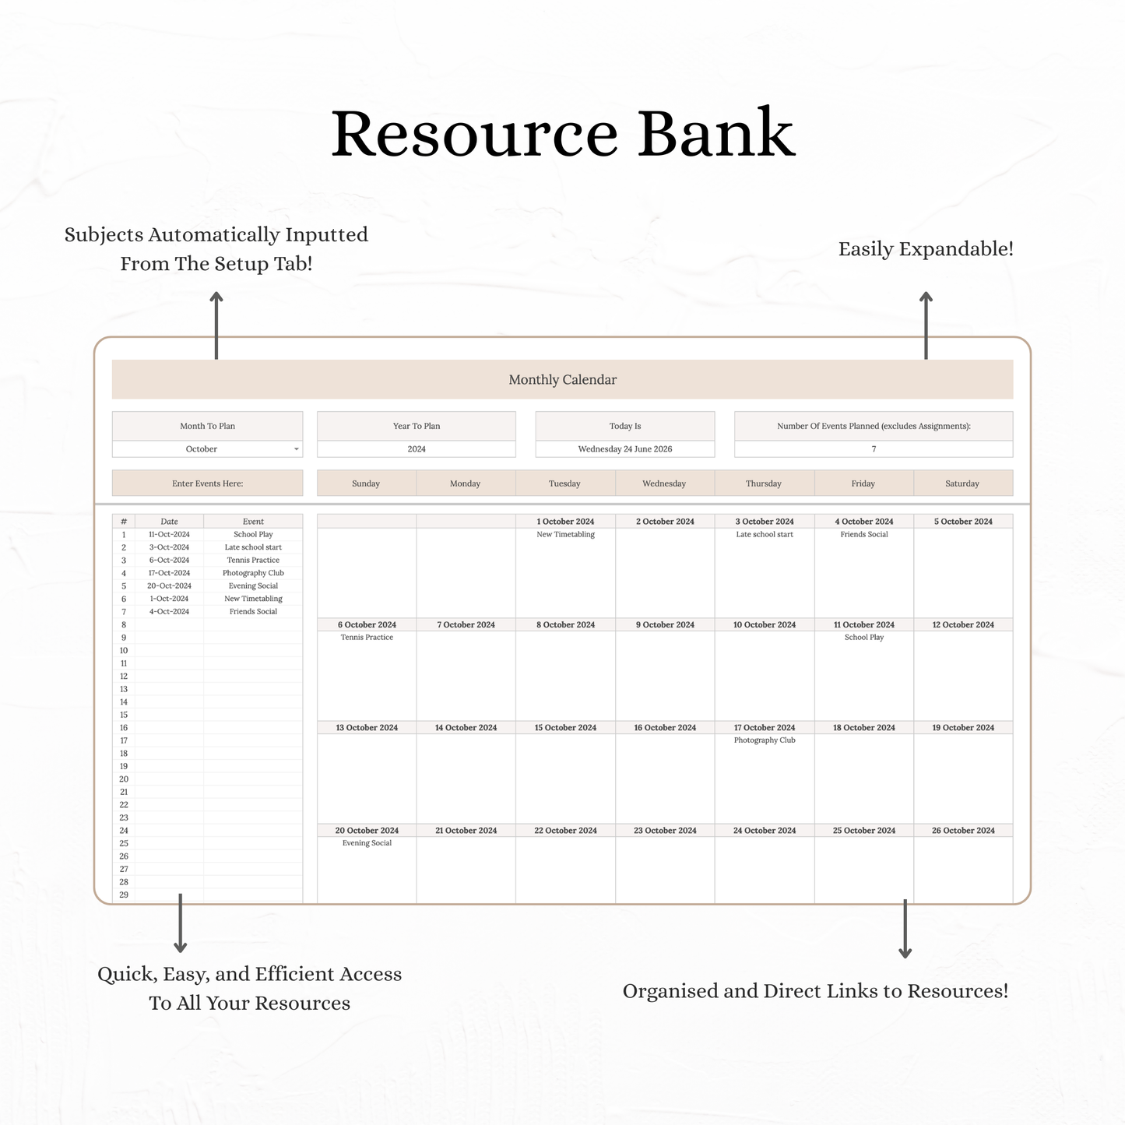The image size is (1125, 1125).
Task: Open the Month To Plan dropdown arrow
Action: (x=297, y=449)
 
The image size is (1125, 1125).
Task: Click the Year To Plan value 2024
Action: (x=417, y=449)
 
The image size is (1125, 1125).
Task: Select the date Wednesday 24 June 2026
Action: (x=624, y=449)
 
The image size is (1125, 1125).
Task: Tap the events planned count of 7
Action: (x=874, y=449)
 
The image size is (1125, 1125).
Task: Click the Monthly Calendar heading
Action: (x=562, y=379)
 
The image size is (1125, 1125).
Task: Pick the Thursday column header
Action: (x=764, y=483)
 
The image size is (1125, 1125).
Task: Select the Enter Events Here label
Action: (x=207, y=483)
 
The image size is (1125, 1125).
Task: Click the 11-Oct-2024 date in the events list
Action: (x=169, y=534)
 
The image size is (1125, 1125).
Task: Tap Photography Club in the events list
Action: (x=253, y=573)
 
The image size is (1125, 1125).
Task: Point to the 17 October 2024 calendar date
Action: (x=765, y=727)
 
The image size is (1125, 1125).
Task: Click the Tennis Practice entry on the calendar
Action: (x=367, y=637)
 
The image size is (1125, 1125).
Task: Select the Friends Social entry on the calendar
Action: (x=864, y=534)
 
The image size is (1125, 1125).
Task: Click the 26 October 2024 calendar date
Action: (x=963, y=830)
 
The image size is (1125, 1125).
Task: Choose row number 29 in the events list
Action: (x=124, y=895)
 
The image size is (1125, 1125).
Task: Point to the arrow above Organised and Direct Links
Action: (x=905, y=928)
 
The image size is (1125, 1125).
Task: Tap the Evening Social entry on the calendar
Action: (x=367, y=842)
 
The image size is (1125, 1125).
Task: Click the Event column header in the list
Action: (x=253, y=522)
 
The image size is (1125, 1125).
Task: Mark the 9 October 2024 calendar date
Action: (x=665, y=624)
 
